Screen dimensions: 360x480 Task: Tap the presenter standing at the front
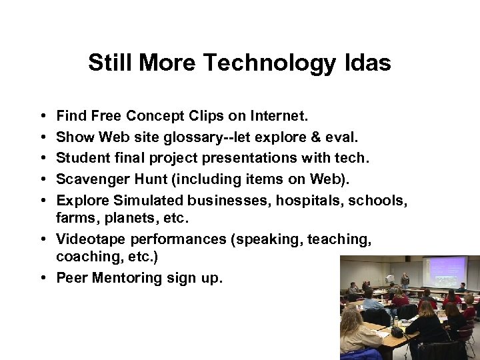pyautogui.click(x=405, y=280)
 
